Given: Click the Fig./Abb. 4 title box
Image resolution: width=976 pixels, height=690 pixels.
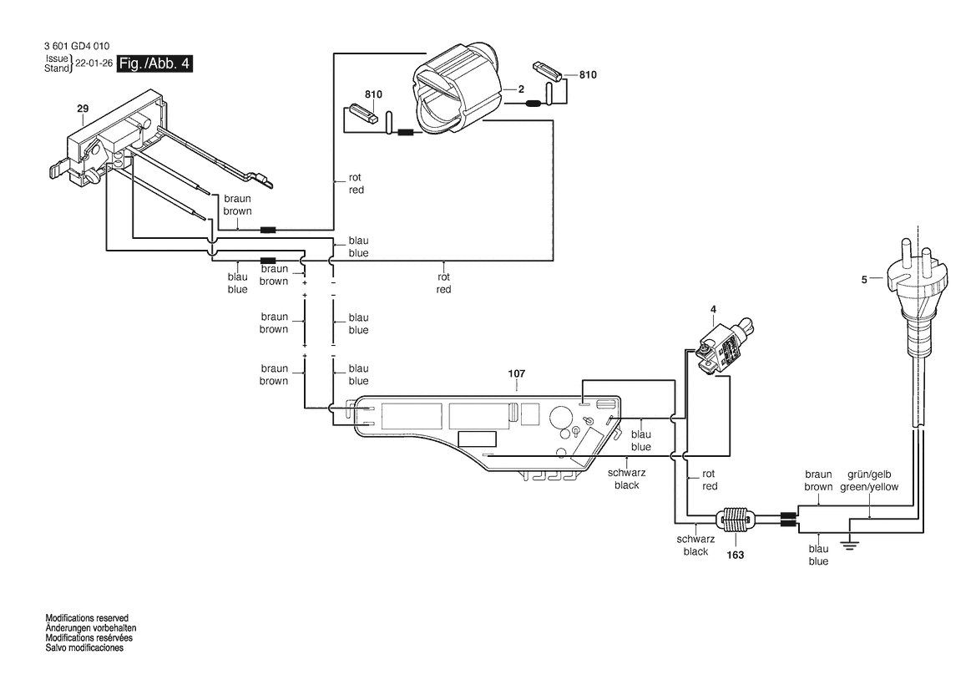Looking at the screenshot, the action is [x=154, y=63].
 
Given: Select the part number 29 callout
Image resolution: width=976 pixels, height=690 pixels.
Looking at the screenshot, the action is [x=83, y=109].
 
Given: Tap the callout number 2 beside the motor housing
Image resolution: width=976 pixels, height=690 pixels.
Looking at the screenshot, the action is [x=521, y=89].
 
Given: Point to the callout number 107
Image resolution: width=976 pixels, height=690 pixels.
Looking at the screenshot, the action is [x=517, y=373].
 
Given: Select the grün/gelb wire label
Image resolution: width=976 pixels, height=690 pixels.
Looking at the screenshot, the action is [x=869, y=481].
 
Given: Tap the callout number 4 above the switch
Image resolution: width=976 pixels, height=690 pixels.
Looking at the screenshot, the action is [x=713, y=310].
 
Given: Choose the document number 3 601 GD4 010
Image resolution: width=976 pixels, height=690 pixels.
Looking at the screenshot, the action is [x=77, y=46].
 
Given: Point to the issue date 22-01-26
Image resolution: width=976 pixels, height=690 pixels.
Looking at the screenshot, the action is [x=94, y=63].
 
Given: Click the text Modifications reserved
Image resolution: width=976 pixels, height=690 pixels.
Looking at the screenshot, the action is [x=87, y=618].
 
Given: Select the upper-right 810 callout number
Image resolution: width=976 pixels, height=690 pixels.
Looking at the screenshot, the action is [x=588, y=74].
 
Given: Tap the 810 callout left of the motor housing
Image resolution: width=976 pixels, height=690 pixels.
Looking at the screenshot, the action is [x=373, y=94].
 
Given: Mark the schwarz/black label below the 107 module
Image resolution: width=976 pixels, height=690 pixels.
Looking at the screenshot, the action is [x=626, y=479].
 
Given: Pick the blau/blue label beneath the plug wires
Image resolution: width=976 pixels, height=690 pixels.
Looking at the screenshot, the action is [x=818, y=555].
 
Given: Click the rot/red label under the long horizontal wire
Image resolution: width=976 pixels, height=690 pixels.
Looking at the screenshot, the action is [x=444, y=282].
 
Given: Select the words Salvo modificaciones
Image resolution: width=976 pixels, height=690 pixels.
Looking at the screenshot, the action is [x=84, y=647].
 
